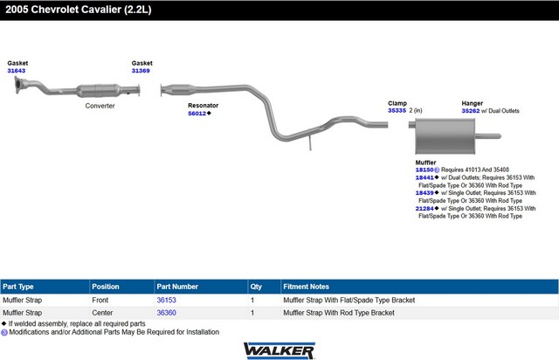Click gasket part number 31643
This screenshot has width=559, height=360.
[17, 71]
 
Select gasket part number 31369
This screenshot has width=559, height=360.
[141, 71]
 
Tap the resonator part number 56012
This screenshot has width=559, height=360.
[197, 114]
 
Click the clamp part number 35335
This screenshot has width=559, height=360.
[397, 111]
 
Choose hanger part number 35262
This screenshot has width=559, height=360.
[471, 111]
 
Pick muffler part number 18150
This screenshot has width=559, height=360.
[424, 170]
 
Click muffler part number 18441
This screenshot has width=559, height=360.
[424, 177]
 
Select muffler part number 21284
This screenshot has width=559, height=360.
[424, 208]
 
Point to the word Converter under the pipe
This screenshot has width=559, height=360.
[100, 106]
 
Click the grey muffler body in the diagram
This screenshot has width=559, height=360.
[445, 136]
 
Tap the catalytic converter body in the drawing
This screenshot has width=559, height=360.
[98, 91]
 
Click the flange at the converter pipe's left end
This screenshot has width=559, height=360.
[17, 86]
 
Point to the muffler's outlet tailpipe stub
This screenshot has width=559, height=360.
[488, 136]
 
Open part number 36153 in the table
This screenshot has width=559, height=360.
[167, 300]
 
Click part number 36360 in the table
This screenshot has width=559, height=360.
[167, 313]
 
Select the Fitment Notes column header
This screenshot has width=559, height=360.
[306, 287]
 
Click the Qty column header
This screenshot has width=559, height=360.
[256, 287]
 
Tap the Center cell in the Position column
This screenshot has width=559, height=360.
[102, 313]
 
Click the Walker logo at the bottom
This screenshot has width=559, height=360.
[279, 350]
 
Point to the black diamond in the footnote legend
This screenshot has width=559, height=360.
[3, 323]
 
